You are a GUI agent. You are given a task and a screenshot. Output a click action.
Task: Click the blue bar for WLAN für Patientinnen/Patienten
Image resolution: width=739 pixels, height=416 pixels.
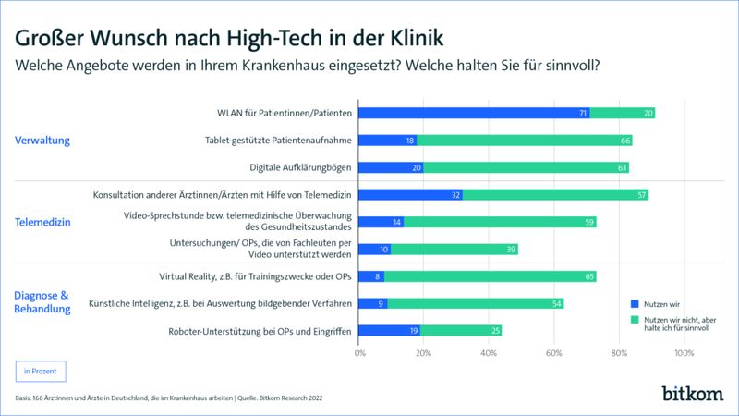tap(474, 113)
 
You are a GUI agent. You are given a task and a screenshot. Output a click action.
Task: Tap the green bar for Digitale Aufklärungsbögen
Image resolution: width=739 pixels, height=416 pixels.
tap(527, 168)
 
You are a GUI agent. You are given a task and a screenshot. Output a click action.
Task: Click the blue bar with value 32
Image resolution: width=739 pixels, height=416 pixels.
tap(410, 195)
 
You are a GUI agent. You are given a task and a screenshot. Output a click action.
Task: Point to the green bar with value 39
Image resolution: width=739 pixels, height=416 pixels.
tap(454, 249)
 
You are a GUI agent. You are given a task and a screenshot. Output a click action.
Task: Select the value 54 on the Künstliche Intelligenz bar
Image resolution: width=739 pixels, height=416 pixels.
tap(555, 302)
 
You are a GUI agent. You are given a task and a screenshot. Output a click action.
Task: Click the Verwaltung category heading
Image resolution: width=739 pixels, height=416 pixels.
tap(42, 141)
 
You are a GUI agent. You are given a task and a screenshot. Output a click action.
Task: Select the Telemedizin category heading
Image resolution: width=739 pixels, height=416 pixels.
tap(42, 222)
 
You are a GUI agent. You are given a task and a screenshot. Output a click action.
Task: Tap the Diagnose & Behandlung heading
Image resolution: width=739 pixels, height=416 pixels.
tap(42, 302)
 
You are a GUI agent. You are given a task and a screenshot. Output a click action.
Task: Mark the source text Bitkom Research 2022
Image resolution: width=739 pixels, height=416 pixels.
tap(297, 398)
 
